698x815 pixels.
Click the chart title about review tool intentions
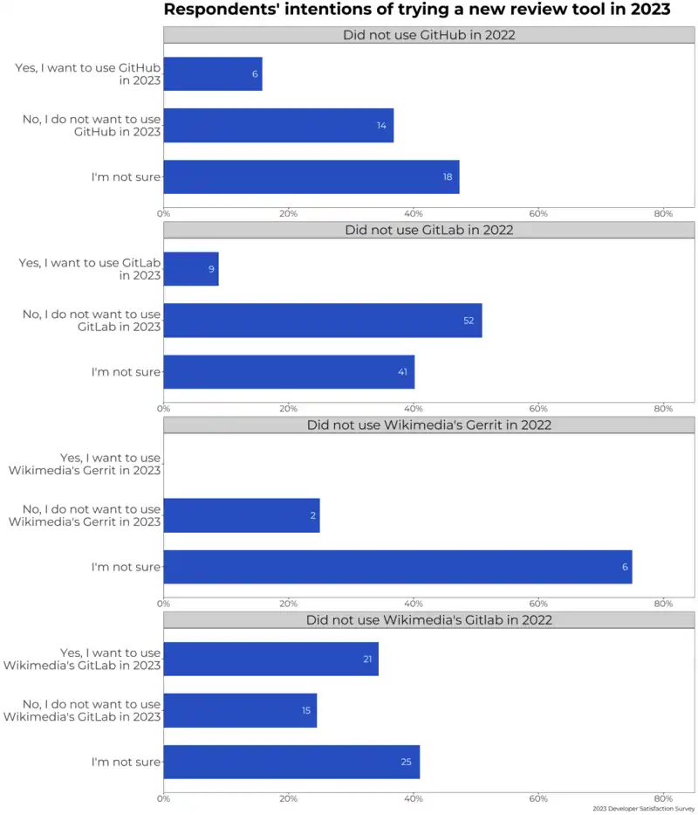click(x=417, y=10)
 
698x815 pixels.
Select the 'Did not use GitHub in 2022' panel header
click(x=428, y=35)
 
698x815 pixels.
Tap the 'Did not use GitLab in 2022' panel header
click(x=428, y=231)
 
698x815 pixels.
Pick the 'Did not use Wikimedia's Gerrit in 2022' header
click(x=428, y=425)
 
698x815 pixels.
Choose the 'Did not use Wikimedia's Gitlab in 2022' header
click(x=428, y=620)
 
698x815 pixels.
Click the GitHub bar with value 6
click(x=213, y=74)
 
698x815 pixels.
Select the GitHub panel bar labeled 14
click(x=278, y=125)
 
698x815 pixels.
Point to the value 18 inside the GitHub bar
click(x=448, y=176)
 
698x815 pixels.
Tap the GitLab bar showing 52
click(x=323, y=321)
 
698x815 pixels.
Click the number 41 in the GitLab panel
click(x=403, y=372)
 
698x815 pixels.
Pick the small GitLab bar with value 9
click(x=191, y=269)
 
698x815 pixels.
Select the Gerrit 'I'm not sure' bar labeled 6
click(x=397, y=567)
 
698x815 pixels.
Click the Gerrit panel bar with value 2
click(x=242, y=515)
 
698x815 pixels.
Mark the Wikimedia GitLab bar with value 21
click(x=270, y=659)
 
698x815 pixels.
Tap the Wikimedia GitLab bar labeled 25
click(x=291, y=762)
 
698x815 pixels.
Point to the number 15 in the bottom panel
click(x=306, y=711)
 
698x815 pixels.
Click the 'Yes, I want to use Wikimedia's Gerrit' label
click(x=85, y=464)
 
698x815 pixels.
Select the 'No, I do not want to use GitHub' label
click(x=92, y=125)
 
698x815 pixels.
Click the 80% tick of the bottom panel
click(x=663, y=798)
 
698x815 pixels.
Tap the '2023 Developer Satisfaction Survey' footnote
click(x=644, y=809)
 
